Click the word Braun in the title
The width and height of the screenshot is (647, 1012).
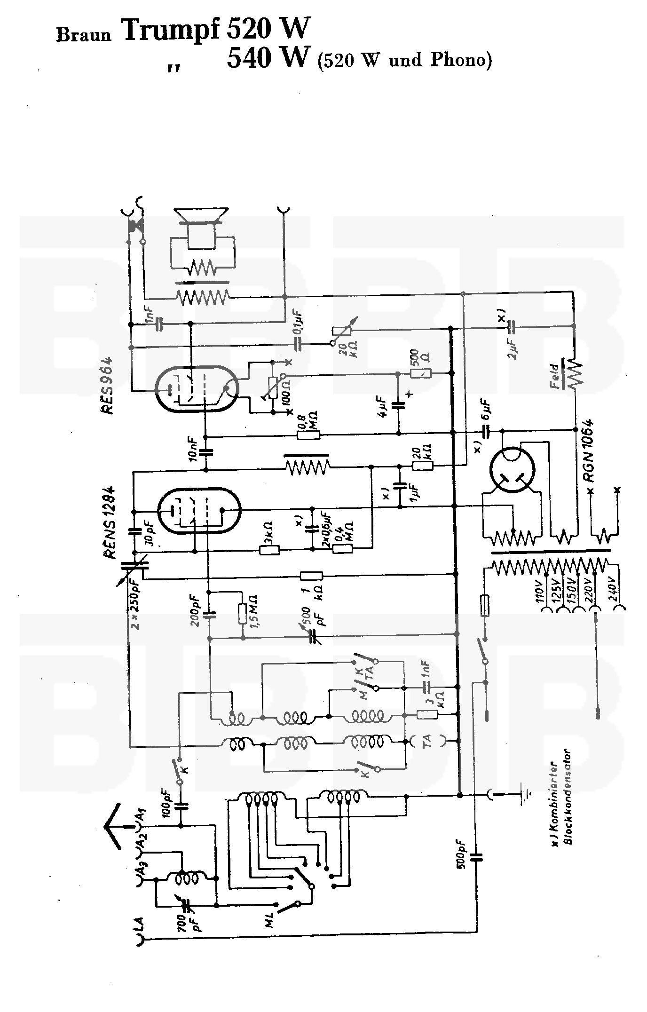pos(84,35)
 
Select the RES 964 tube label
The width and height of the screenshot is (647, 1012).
pos(107,386)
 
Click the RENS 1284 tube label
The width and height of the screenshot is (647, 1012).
pos(111,521)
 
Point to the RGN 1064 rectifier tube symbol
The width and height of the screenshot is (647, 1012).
pos(512,470)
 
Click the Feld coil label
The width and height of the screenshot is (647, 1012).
pos(557,376)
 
